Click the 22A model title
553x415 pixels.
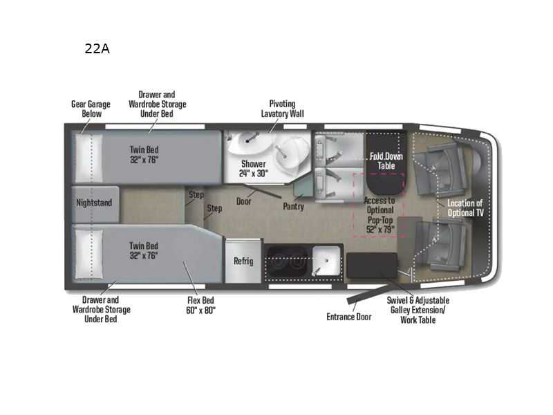[x=96, y=49]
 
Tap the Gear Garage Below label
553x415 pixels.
[x=91, y=109]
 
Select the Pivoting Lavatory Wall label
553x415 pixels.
[x=282, y=109]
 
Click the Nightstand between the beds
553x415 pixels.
[x=94, y=203]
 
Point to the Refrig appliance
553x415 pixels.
[x=243, y=261]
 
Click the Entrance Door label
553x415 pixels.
[x=348, y=317]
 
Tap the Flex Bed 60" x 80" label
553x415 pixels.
[x=201, y=306]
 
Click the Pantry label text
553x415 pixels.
[x=294, y=206]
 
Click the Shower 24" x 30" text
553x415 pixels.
[x=254, y=169]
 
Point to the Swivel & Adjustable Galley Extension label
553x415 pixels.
[x=418, y=310]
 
